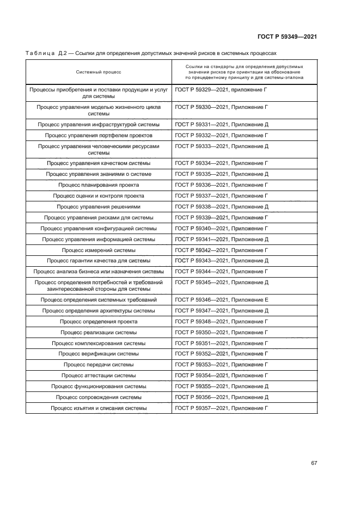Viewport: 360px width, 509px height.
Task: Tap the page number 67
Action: click(314, 463)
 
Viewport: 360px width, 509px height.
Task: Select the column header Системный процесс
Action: click(99, 72)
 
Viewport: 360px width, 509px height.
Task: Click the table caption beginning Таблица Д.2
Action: click(151, 53)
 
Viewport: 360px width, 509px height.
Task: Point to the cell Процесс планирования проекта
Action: click(99, 185)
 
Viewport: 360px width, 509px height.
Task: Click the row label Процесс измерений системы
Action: click(99, 250)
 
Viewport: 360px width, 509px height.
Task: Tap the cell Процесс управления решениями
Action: click(99, 207)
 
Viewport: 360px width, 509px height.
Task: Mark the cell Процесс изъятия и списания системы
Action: click(99, 408)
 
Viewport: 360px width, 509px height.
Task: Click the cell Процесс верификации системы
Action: click(99, 354)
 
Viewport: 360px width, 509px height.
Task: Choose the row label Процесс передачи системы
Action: click(99, 365)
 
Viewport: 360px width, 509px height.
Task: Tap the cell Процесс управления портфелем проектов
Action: click(99, 135)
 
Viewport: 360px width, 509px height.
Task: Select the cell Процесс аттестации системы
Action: click(99, 376)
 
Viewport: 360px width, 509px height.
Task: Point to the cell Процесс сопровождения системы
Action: click(99, 397)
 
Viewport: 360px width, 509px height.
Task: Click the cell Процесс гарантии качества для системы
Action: click(99, 261)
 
